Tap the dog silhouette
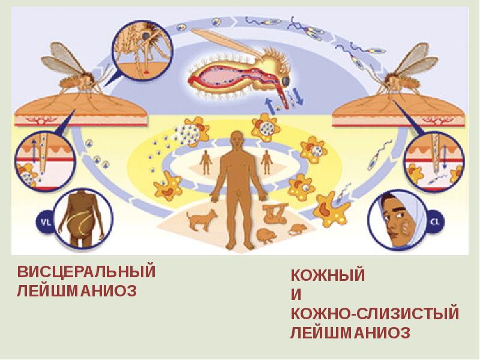coord(202,219)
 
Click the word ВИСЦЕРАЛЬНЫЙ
coord(86,271)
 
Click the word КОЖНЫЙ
coord(328,276)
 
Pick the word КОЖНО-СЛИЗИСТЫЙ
coord(375,314)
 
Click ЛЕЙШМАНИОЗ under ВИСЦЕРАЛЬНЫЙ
coord(77,291)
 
